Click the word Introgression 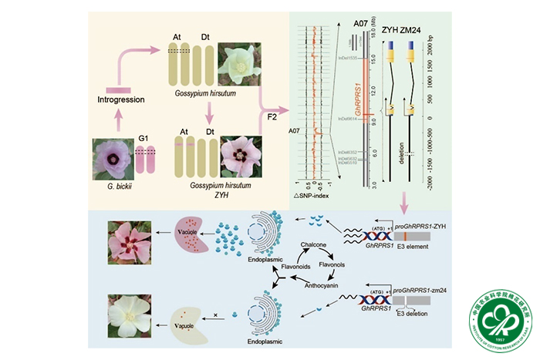(x=122, y=100)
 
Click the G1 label (x=142, y=137)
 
